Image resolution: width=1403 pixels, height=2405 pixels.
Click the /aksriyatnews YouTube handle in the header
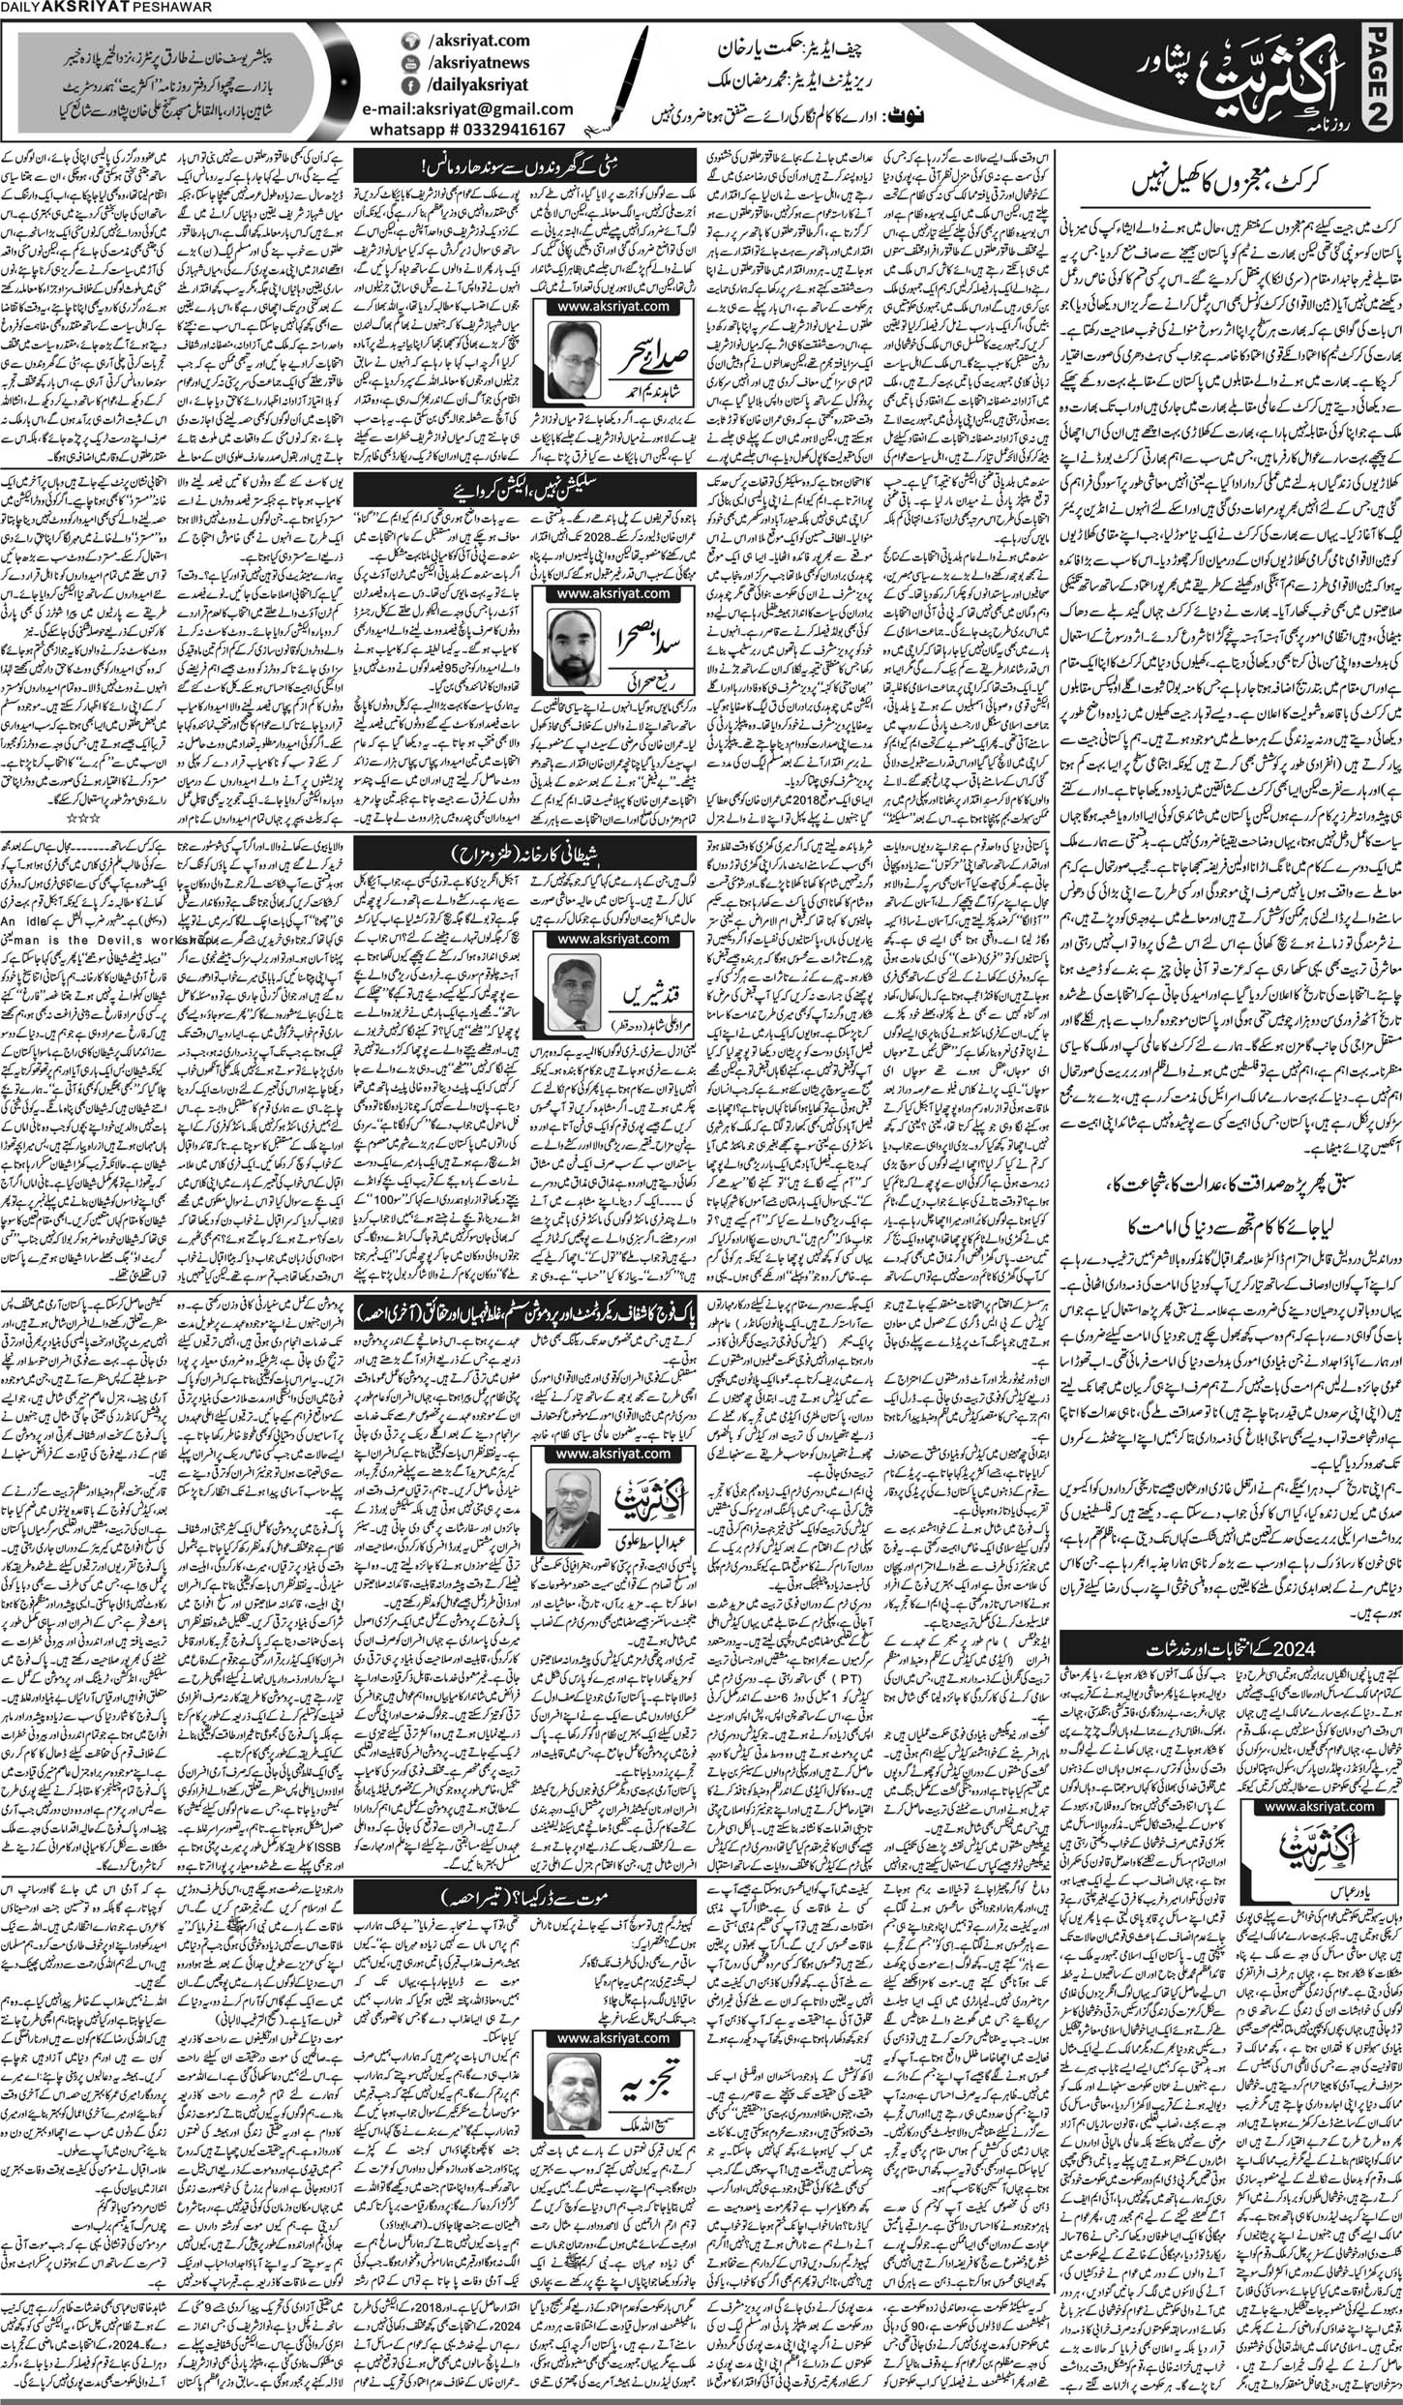456,63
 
